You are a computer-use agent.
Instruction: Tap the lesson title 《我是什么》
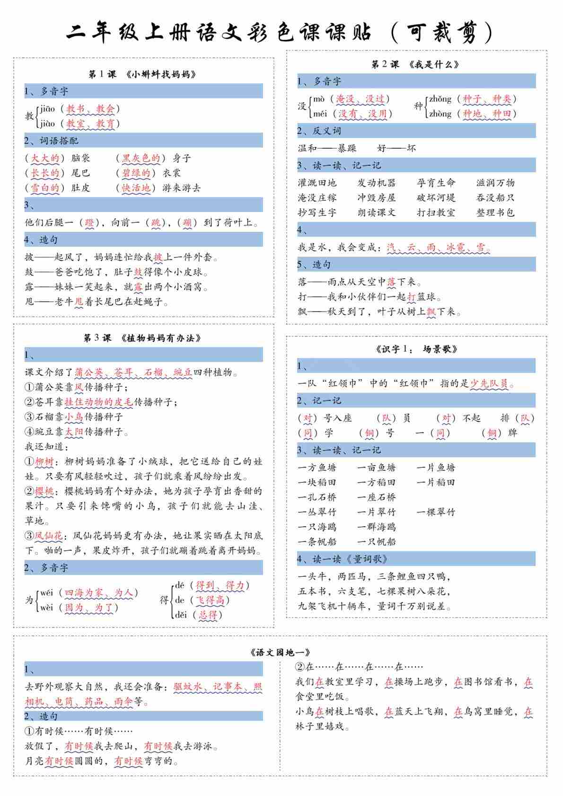(433, 64)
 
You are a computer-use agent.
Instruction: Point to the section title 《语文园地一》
(280, 652)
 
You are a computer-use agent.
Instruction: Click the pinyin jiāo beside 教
(47, 109)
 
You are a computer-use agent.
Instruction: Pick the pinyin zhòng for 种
(440, 114)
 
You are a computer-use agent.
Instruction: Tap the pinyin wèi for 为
(47, 607)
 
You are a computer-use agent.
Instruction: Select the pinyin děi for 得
(181, 615)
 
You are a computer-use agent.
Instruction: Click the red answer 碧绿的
(136, 173)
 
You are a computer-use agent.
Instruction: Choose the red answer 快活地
(136, 188)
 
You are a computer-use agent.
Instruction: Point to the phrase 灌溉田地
(317, 183)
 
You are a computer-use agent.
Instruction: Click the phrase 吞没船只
(495, 197)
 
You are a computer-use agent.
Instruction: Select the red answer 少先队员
(489, 383)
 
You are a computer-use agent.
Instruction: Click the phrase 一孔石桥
(317, 497)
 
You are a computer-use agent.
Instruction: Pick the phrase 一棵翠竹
(436, 512)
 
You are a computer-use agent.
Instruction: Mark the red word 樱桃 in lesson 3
(44, 491)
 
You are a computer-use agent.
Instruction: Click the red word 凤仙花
(49, 536)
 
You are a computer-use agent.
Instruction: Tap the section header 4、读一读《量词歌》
(343, 559)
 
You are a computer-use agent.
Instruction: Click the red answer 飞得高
(211, 600)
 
